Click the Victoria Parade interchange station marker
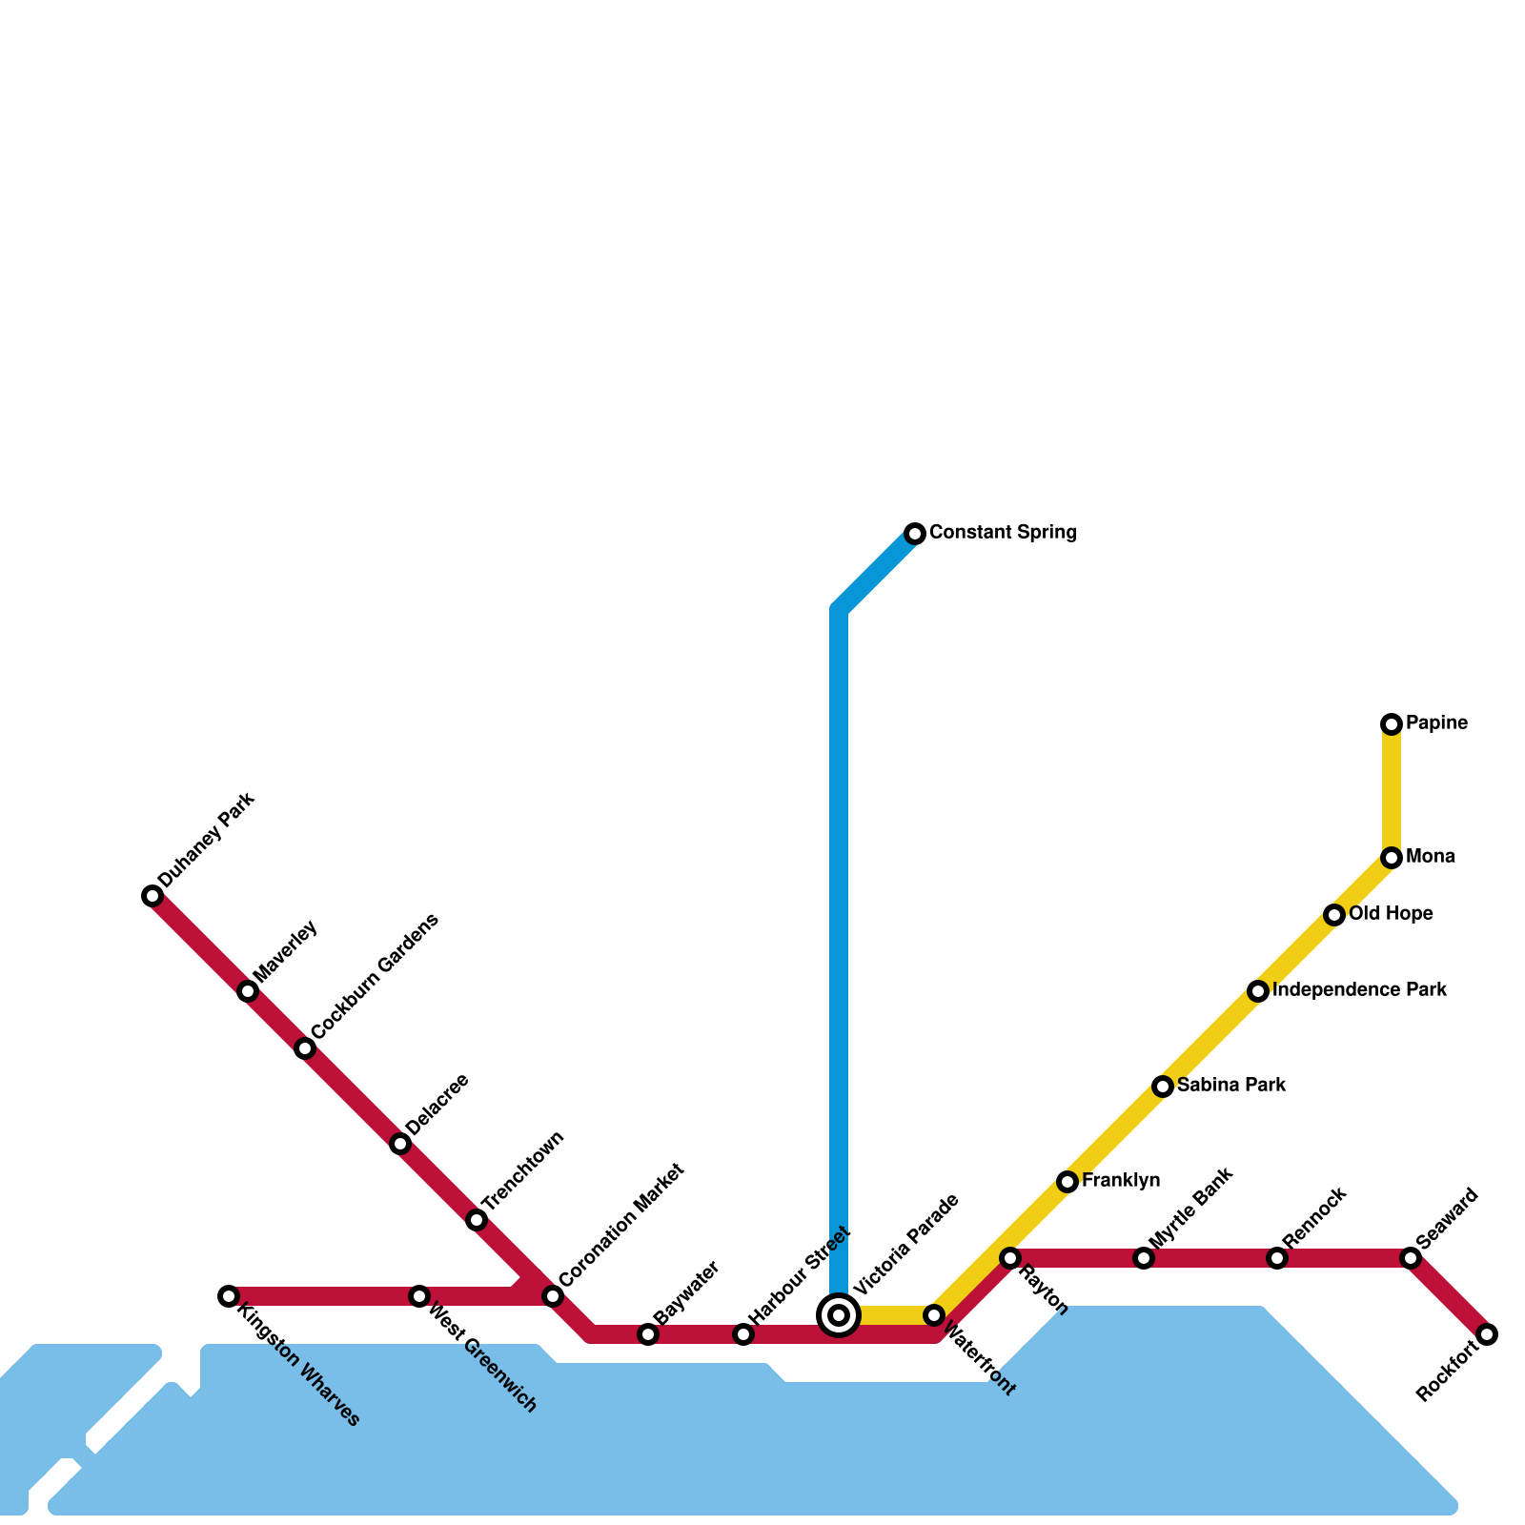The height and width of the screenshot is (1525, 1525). coord(839,1315)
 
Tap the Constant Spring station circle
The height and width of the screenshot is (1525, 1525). coord(915,534)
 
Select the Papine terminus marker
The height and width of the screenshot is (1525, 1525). coord(1392,724)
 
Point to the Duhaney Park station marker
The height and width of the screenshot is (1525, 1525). coord(152,896)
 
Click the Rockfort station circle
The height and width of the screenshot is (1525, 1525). coord(1487,1334)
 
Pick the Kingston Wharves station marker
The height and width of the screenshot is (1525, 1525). coord(229,1296)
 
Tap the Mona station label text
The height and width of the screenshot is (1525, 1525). coord(1430,857)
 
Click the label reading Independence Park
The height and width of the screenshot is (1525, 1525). coord(1359,990)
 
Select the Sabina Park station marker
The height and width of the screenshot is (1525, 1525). coord(1163,1087)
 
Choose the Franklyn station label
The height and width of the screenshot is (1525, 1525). coord(1121,1181)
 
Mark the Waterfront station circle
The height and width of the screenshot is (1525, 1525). coord(934,1315)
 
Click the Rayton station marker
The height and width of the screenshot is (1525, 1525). coord(1010,1258)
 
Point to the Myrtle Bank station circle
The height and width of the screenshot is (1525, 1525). coord(1144,1258)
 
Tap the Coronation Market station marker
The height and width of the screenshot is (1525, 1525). coord(553,1296)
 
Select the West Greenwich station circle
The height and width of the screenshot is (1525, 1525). coord(419,1296)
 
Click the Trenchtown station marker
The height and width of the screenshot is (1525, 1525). coord(477,1220)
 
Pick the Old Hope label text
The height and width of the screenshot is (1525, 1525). coord(1391,914)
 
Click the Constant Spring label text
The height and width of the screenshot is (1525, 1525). coord(1003,533)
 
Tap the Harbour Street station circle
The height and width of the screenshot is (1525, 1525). coord(743,1334)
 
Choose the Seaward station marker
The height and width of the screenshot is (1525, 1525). coord(1411,1258)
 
